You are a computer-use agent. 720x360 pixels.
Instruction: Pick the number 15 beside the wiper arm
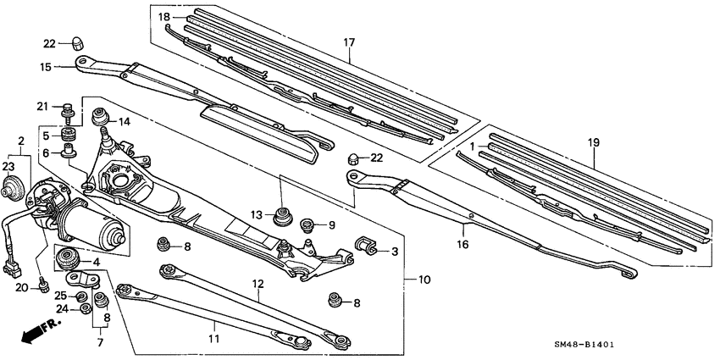click(x=47, y=66)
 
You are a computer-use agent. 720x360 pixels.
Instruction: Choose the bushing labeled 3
click(x=367, y=246)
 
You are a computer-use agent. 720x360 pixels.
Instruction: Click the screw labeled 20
click(x=42, y=290)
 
